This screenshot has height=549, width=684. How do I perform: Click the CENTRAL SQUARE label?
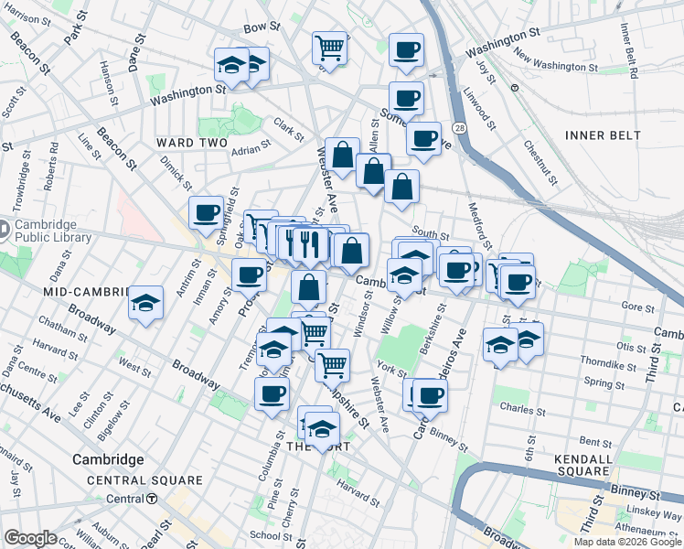pyautogui.click(x=144, y=480)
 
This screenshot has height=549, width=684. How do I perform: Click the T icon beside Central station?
pyautogui.click(x=153, y=499)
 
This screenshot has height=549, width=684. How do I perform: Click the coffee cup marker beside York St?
pyautogui.click(x=430, y=394)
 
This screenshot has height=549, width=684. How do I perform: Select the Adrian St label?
pyautogui.click(x=251, y=148)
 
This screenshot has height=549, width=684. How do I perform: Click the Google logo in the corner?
pyautogui.click(x=31, y=538)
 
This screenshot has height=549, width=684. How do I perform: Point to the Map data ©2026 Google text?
pyautogui.click(x=627, y=542)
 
